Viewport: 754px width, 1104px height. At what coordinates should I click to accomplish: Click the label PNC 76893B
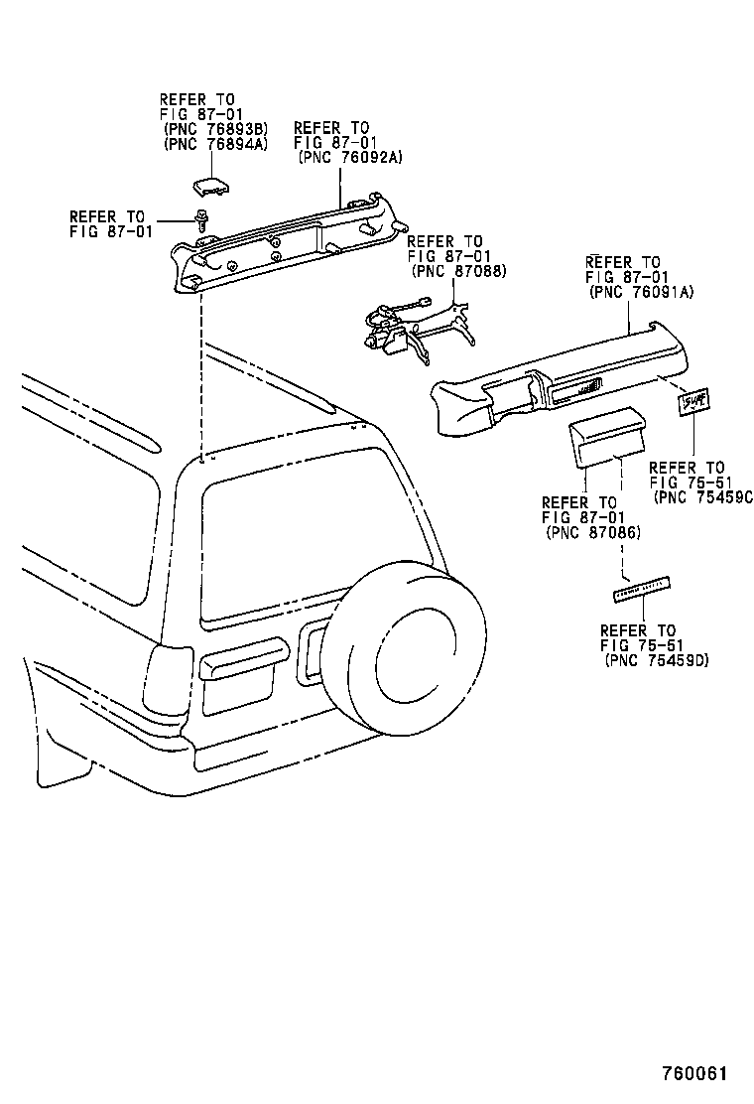(x=214, y=129)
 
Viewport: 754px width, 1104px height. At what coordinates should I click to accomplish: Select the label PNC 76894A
(x=214, y=144)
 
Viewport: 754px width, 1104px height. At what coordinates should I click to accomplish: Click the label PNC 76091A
(x=640, y=293)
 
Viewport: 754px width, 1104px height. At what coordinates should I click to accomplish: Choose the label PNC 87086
(x=593, y=533)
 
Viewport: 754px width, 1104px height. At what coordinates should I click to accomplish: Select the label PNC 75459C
(x=703, y=497)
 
